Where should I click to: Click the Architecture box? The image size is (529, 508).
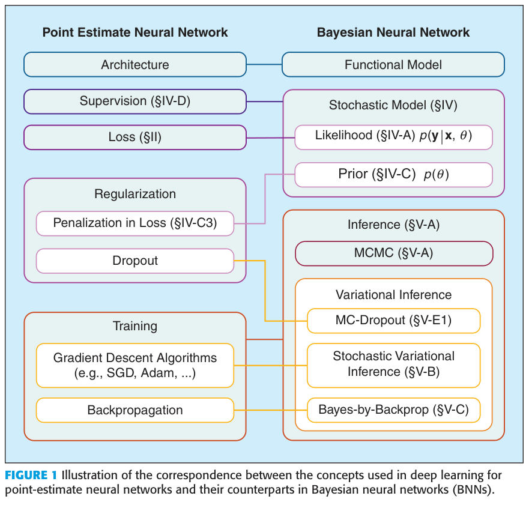click(135, 65)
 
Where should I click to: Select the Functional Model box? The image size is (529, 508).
click(393, 65)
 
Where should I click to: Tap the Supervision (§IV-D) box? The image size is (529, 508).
click(135, 101)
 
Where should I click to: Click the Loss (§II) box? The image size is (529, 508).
click(135, 138)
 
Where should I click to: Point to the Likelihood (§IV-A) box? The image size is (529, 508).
click(393, 137)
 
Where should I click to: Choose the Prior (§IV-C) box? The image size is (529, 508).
click(393, 175)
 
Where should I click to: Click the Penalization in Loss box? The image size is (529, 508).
click(135, 223)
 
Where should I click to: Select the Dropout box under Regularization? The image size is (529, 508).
click(135, 261)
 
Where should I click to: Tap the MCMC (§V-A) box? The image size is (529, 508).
click(393, 253)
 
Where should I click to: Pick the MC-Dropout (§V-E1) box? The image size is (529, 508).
click(393, 321)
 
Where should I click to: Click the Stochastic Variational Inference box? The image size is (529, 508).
click(393, 364)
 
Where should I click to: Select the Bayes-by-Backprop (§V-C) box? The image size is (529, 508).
click(393, 411)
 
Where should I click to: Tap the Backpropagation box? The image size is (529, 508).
click(135, 411)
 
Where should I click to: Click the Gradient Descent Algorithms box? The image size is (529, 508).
click(135, 364)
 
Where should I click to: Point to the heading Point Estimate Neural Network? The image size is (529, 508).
click(135, 32)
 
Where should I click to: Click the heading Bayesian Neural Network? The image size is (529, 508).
click(393, 32)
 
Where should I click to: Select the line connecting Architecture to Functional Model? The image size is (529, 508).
click(264, 64)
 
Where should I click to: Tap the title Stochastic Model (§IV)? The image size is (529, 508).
click(393, 106)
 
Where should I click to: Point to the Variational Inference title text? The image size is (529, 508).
click(393, 295)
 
